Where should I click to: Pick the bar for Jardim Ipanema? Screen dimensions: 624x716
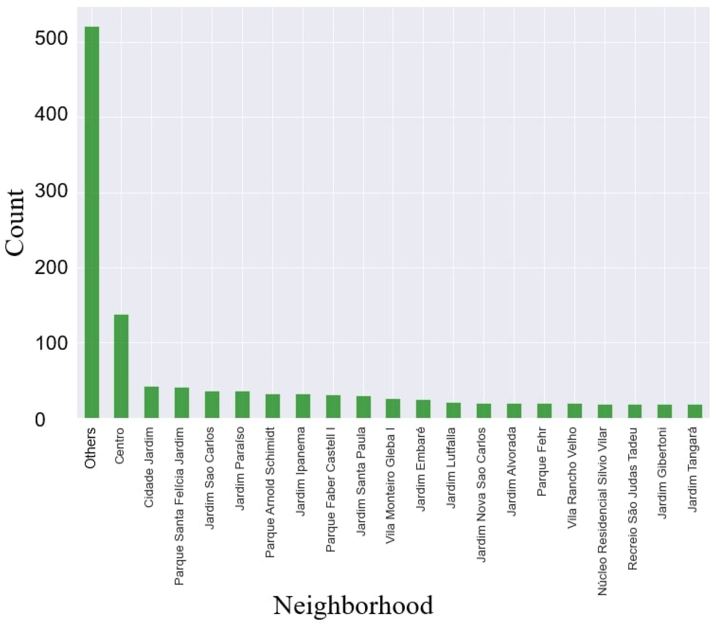click(x=303, y=406)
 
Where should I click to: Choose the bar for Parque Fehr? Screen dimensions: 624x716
click(x=544, y=411)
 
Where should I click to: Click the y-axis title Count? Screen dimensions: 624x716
click(x=15, y=223)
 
